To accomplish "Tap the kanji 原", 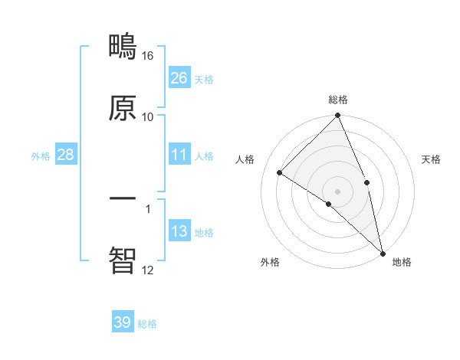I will pos(123,108).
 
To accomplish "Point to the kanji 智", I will pos(123,260).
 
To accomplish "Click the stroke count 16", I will pos(148,56).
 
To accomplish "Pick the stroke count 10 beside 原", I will pos(148,116).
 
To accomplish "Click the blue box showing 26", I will pos(179,77).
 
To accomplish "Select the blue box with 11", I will pos(179,155).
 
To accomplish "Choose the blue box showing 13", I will pos(179,231).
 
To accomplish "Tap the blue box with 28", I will pos(66,155).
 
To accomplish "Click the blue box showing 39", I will pos(123,322).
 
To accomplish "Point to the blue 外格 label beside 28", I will pos(41,155).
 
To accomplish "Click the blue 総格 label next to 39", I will pos(147,324).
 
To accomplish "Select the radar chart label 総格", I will pos(338,100).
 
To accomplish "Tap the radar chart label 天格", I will pos(432,159).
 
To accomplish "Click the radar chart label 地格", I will pos(402,262).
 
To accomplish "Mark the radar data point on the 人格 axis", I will pos(280,172).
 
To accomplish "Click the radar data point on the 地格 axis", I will pos(382,253).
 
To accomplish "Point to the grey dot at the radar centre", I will pos(338,191).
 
